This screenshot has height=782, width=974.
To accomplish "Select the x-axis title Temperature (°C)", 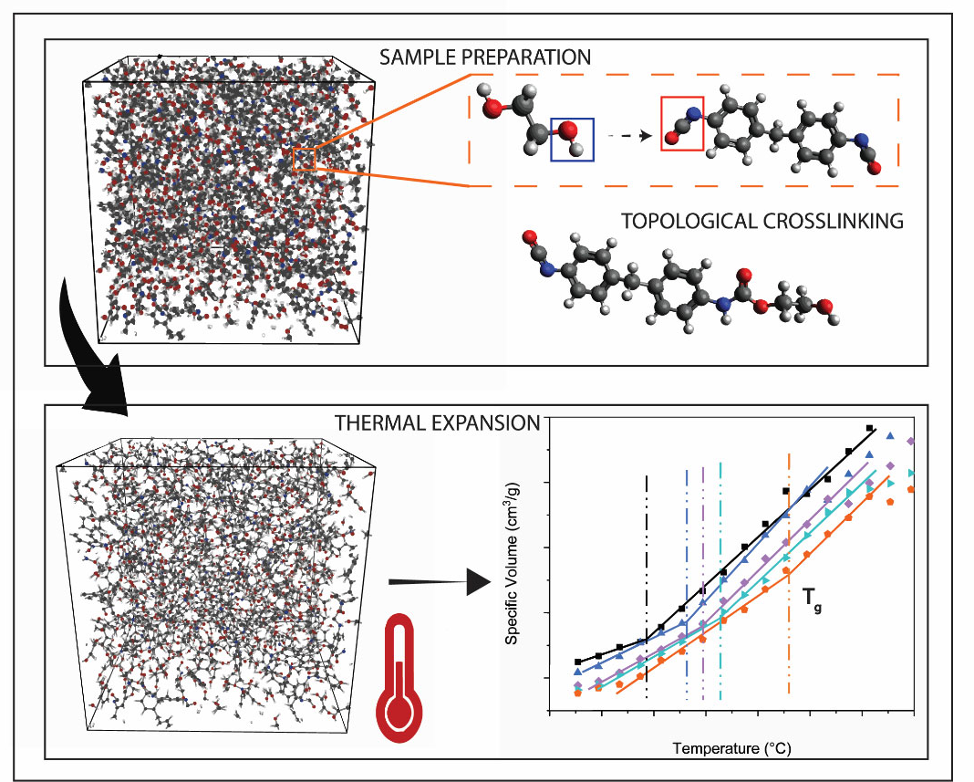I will click(731, 748).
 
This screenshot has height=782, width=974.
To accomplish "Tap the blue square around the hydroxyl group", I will click(572, 139).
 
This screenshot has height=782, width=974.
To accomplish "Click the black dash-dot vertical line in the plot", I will click(647, 584).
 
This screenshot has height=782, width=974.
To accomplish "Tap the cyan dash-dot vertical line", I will click(720, 584).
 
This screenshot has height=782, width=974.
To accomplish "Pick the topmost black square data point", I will click(870, 428).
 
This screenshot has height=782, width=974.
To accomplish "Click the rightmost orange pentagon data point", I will click(911, 490).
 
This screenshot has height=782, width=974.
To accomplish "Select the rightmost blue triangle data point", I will click(891, 436).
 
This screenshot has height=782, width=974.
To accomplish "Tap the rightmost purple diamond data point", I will click(911, 443).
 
